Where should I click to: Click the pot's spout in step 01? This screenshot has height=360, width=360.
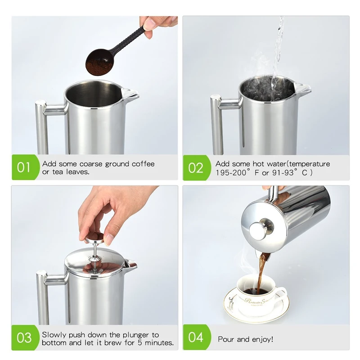coord(131,95)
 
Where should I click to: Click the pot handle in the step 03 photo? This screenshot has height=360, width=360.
coord(43,297)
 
